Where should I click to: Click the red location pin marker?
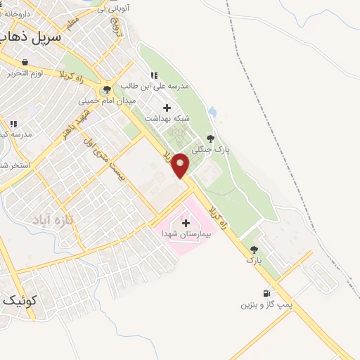[181, 165]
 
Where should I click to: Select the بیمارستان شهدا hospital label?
[186, 233]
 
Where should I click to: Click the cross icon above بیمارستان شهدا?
[186, 223]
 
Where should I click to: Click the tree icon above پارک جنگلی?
[210, 139]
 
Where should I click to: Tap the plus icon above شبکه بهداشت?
[167, 108]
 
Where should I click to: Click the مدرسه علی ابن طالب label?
[157, 86]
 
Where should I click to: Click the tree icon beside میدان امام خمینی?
[107, 89]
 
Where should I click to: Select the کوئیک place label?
[18, 300]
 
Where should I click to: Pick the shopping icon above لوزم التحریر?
[25, 62]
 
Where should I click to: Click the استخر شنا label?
[13, 165]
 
